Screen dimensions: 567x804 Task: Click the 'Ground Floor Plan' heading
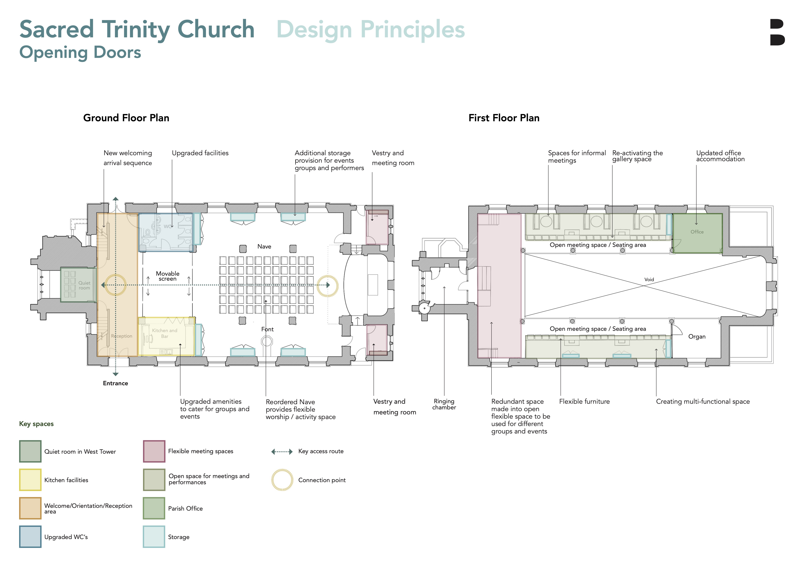point(126,118)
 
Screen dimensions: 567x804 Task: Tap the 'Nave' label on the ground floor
point(264,247)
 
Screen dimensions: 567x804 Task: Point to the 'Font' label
point(267,329)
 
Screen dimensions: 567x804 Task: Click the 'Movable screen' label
point(167,276)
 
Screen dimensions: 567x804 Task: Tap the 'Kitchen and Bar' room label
point(165,333)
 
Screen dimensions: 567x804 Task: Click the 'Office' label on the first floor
point(697,232)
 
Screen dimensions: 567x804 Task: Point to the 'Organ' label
point(696,336)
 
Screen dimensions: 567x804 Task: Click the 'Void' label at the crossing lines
point(649,280)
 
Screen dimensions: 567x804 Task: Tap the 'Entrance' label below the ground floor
point(115,383)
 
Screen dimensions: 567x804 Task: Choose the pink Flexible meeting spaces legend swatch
point(154,451)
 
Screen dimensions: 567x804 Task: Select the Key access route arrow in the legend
point(282,452)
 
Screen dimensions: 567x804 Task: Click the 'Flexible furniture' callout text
point(584,402)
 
